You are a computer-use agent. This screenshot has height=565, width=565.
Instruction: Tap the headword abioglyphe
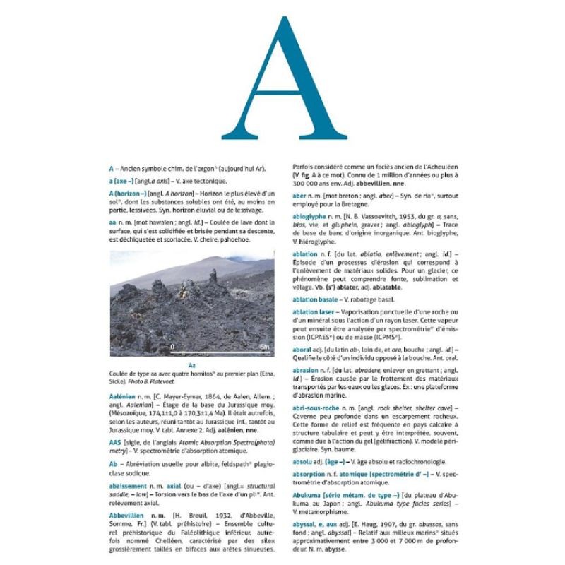(x=311, y=215)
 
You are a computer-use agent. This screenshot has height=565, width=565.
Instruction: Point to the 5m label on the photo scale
(x=263, y=347)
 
